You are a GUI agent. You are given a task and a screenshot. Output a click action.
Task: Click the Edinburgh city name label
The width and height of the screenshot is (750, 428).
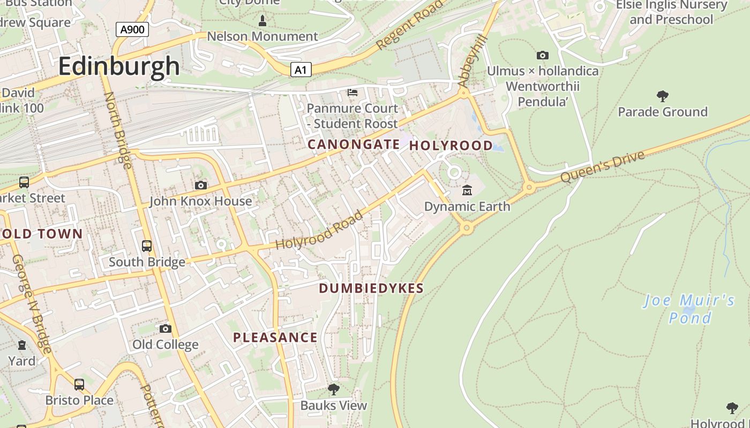point(118,66)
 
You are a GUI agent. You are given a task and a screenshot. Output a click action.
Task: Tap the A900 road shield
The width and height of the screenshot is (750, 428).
point(132,29)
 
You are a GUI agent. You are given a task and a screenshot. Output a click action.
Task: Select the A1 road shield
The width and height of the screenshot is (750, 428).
point(301,70)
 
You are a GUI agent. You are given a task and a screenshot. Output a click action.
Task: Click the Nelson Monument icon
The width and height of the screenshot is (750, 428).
point(262,21)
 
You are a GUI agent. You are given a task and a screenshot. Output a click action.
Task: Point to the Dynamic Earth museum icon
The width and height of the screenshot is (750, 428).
point(467,190)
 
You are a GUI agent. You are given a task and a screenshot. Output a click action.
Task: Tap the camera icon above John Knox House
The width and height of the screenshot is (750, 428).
point(201,185)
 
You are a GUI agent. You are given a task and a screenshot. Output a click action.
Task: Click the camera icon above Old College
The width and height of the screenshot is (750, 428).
point(166,328)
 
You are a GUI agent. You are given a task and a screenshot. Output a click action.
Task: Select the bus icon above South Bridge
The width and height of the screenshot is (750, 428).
point(147,246)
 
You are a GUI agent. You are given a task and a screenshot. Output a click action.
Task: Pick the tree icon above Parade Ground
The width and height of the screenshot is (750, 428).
point(663,96)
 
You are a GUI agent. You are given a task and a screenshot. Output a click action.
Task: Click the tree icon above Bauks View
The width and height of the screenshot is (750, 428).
point(334,389)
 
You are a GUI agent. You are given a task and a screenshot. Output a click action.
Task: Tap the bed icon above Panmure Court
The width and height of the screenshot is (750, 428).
point(352,93)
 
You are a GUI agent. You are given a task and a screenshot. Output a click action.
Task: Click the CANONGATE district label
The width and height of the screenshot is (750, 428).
point(354,144)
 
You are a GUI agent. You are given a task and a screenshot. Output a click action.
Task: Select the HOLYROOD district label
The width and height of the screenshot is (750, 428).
point(451,146)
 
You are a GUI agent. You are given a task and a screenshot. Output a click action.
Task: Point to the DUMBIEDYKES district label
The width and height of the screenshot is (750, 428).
point(371,288)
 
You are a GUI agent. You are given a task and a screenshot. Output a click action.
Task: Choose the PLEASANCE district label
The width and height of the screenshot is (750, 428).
point(275,338)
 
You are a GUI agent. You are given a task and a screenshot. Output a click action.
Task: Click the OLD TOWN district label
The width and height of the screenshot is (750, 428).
point(42,234)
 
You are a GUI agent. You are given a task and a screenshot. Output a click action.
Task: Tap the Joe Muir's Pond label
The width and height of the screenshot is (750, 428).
point(689,309)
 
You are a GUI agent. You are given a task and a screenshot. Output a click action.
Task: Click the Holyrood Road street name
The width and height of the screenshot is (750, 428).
point(319,231)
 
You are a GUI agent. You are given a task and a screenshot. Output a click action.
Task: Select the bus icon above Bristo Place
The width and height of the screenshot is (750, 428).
point(79,384)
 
